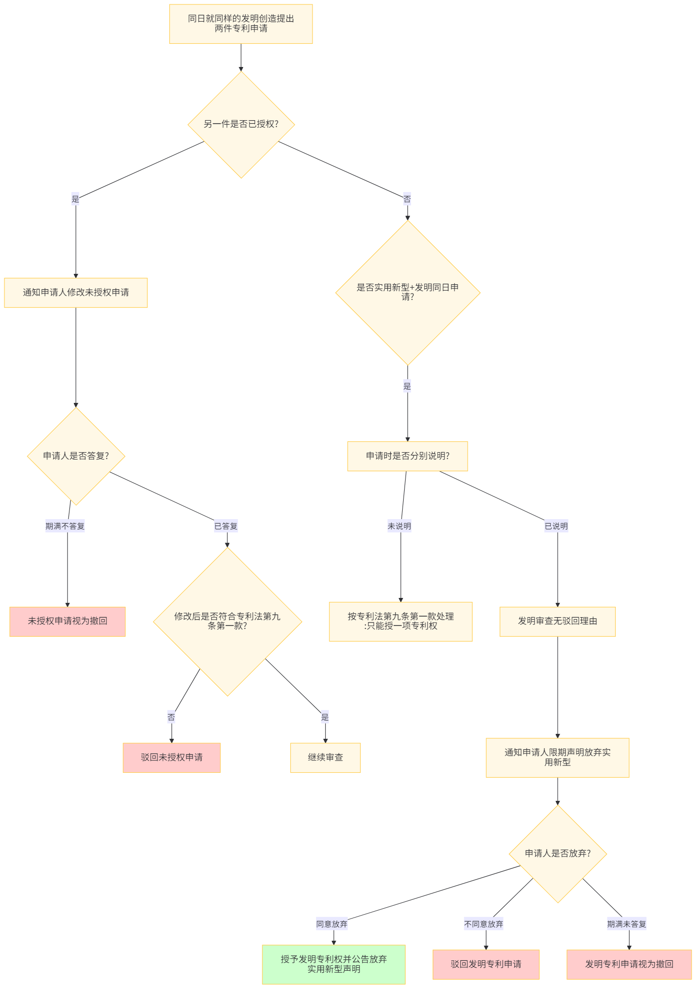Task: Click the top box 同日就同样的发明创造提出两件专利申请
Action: coord(241,24)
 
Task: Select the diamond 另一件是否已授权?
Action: coord(241,124)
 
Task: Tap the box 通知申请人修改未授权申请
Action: coord(76,293)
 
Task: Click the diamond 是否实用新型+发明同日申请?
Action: coord(408,292)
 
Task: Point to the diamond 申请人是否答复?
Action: coord(76,456)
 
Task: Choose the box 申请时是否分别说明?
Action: coord(408,456)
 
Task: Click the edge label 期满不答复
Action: coord(65,526)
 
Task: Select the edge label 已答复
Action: coord(226,526)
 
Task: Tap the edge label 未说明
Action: coord(399,526)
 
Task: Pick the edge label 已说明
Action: coord(556,526)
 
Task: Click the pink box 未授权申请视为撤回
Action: coord(67,621)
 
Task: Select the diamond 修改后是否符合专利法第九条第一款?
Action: coord(227,621)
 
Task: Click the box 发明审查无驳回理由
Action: coord(557,621)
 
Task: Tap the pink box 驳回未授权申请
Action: coord(171,758)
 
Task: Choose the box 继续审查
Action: coord(325,758)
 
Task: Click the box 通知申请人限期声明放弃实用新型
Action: coord(557,758)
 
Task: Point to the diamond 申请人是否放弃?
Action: coord(557,854)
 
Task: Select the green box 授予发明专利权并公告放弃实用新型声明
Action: coord(334,964)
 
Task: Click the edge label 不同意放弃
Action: coord(483,924)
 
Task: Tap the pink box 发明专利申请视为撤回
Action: coord(629,964)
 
